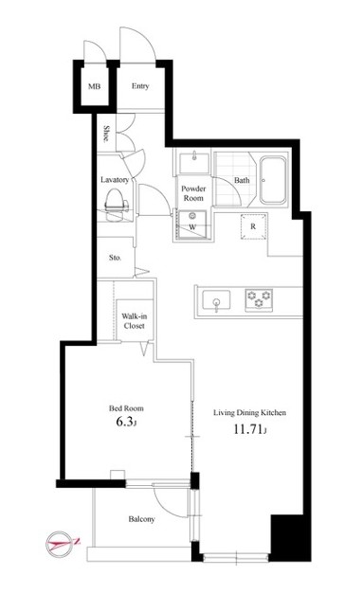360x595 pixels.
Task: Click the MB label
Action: [94, 86]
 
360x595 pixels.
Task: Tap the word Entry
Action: [140, 86]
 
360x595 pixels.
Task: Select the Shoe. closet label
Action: [107, 134]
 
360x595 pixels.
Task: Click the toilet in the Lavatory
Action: [117, 206]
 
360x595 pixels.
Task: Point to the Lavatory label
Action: [115, 179]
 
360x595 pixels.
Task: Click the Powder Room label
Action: [193, 193]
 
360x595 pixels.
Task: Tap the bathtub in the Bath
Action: [273, 181]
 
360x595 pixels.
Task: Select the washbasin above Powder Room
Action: [194, 162]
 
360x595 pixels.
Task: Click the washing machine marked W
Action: [192, 224]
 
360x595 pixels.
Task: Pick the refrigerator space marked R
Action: [253, 226]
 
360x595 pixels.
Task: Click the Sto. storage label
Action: [115, 258]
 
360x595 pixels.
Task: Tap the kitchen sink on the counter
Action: [216, 300]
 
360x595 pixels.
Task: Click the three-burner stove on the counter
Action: [259, 299]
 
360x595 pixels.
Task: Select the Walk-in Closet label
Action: [134, 320]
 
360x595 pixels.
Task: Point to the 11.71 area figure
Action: [250, 429]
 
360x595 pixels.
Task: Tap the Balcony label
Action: [141, 519]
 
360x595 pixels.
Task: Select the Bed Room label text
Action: [126, 408]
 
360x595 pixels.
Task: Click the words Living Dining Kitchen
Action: [249, 412]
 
